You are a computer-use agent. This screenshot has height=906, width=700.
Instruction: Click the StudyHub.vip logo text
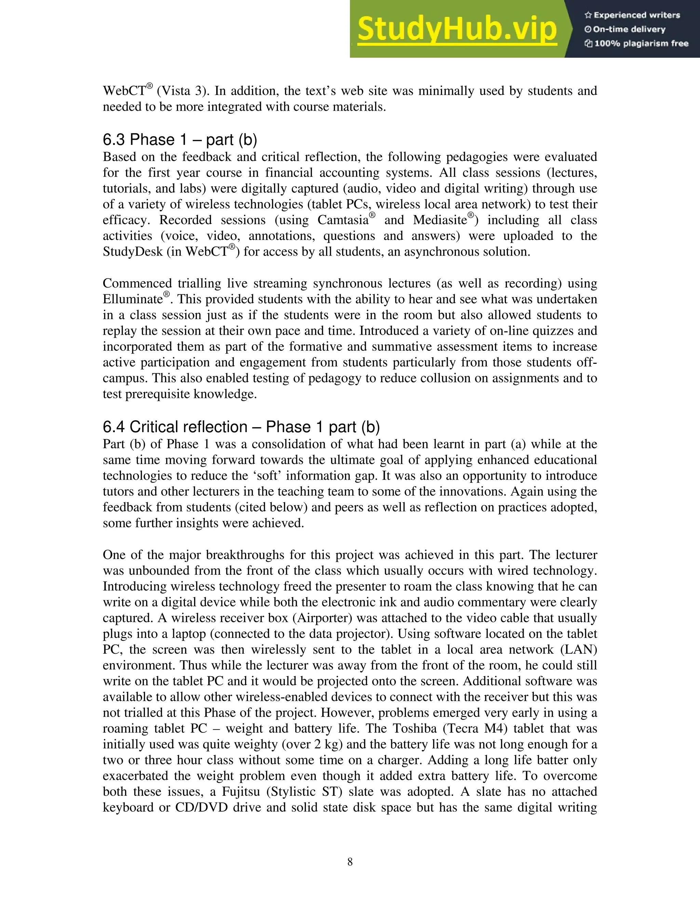(457, 29)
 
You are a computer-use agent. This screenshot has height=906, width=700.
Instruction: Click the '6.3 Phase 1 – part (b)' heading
(180, 140)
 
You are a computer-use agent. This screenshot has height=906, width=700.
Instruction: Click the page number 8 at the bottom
(350, 862)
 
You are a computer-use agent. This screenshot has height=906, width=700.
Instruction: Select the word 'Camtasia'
(343, 220)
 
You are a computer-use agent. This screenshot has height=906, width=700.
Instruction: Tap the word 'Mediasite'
(440, 220)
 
